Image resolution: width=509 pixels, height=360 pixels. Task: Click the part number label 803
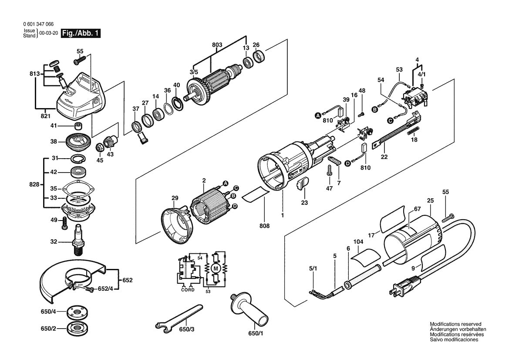click(217, 45)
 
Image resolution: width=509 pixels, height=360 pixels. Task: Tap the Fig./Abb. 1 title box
click(81, 33)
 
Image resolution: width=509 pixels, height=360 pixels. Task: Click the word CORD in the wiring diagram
click(188, 289)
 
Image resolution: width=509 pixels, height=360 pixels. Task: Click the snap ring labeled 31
click(78, 158)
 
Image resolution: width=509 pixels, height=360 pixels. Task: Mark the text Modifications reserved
click(455, 324)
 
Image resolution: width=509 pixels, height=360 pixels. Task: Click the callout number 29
click(175, 198)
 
